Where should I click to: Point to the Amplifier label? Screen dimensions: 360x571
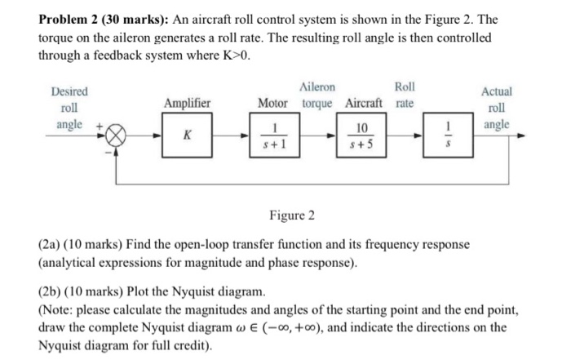coord(188,103)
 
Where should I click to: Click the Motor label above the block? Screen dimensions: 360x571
coord(272,103)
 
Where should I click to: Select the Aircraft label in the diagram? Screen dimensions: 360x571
coord(368,103)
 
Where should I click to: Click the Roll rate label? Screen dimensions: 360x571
coord(404,95)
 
